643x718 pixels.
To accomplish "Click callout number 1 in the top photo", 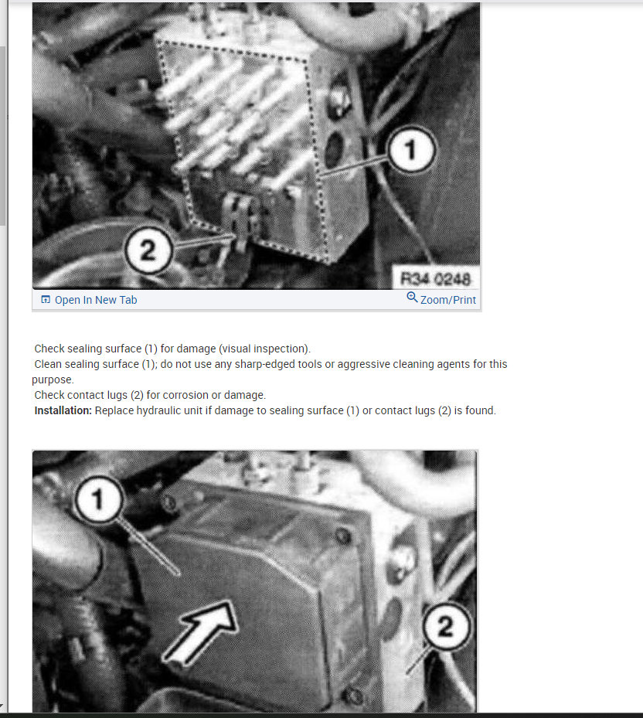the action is pyautogui.click(x=411, y=149).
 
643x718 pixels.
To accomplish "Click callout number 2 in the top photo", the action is pyautogui.click(x=148, y=250).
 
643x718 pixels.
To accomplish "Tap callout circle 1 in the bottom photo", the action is pyautogui.click(x=98, y=499).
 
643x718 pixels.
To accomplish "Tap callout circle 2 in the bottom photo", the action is pyautogui.click(x=446, y=626).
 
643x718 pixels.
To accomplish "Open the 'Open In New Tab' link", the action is pyautogui.click(x=96, y=300).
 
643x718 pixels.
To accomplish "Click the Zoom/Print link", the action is pyautogui.click(x=448, y=300).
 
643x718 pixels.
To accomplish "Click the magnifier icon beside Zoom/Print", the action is pyautogui.click(x=412, y=298).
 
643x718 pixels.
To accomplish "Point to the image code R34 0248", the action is pyautogui.click(x=435, y=278).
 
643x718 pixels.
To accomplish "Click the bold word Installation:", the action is pyautogui.click(x=63, y=410).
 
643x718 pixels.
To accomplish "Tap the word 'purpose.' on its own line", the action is pyautogui.click(x=53, y=380).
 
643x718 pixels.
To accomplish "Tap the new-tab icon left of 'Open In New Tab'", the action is pyautogui.click(x=46, y=299).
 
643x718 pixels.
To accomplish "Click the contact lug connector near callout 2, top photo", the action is pyautogui.click(x=240, y=219).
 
